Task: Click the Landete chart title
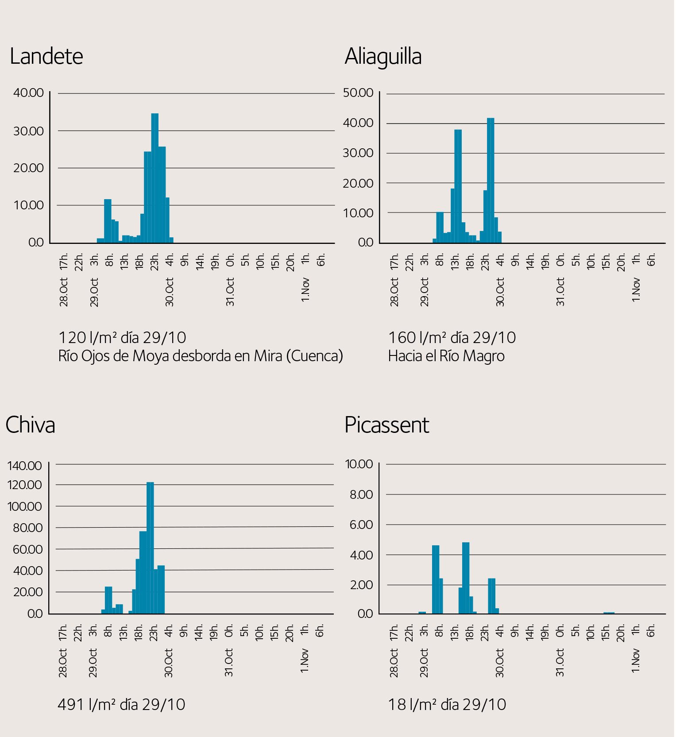[x=46, y=56]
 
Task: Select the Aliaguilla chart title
[x=383, y=57]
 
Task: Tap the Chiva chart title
[x=30, y=425]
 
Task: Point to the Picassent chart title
[x=386, y=425]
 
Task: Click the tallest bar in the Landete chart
[x=155, y=177]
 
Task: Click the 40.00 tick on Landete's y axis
[x=29, y=93]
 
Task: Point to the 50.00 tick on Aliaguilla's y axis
[x=358, y=93]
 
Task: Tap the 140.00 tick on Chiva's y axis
[x=25, y=466]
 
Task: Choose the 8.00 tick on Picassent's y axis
[x=361, y=494]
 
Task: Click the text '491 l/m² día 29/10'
[x=121, y=704]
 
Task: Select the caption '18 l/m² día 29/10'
[x=447, y=704]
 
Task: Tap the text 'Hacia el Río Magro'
[x=446, y=356]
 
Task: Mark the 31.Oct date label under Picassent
[x=560, y=663]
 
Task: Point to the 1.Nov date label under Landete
[x=305, y=290]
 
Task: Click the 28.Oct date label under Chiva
[x=63, y=663]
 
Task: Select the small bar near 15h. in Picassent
[x=609, y=613]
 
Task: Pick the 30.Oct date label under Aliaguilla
[x=500, y=292]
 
